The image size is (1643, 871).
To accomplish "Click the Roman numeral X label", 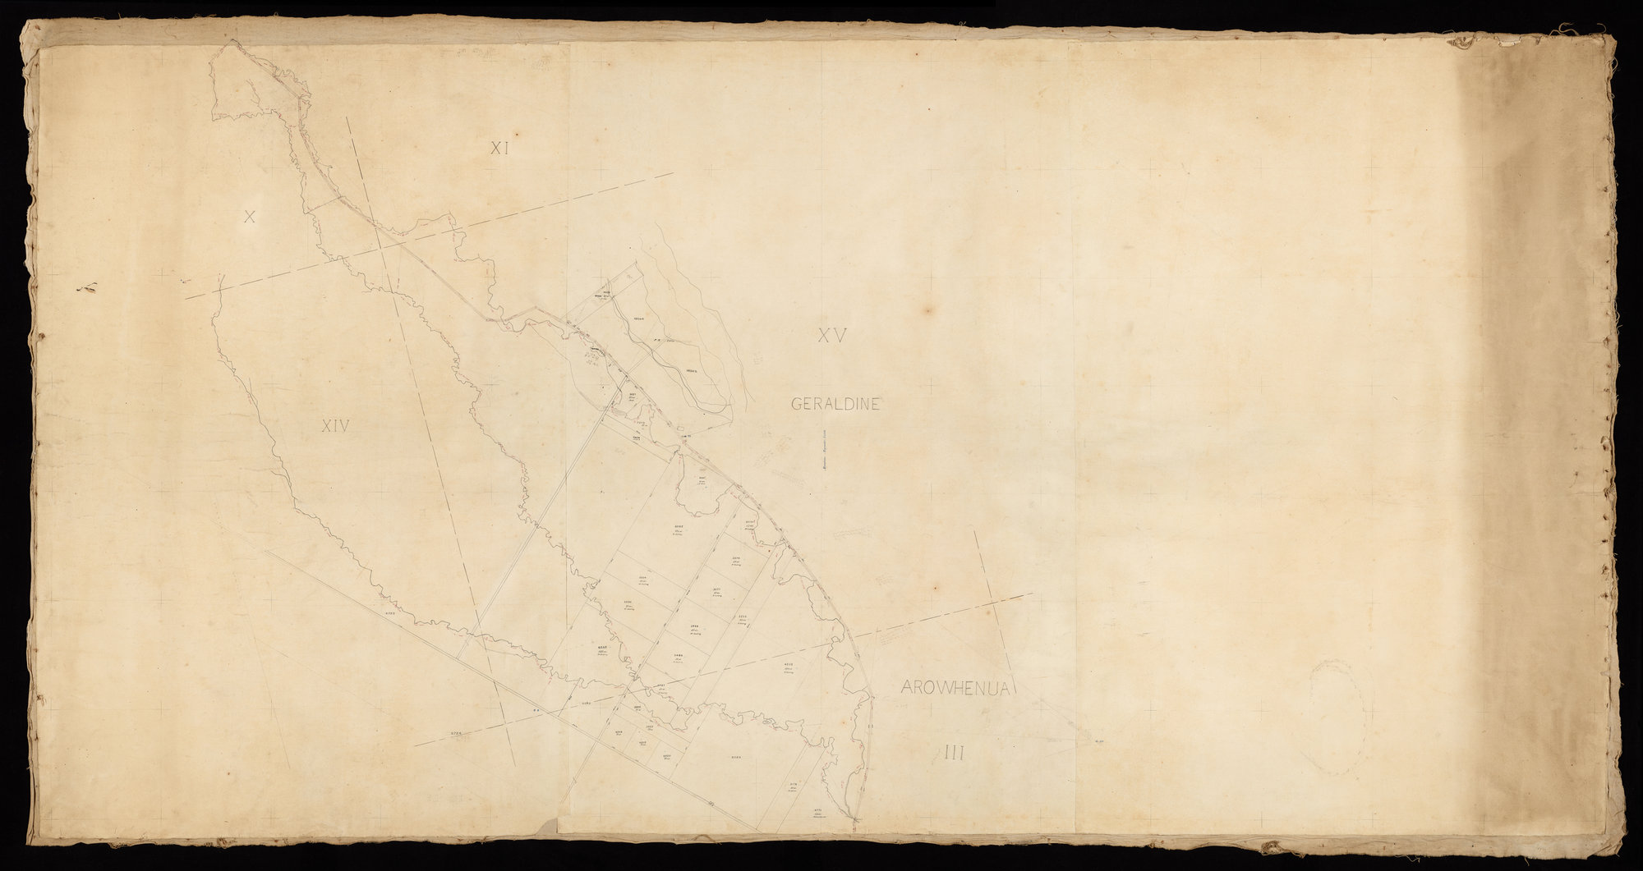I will click(x=251, y=217).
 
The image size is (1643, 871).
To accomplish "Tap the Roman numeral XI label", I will click(x=500, y=148).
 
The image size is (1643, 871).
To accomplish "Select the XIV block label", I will click(x=336, y=425).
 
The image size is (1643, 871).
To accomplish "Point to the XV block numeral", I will click(x=831, y=335).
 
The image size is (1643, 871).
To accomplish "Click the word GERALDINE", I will click(x=835, y=403).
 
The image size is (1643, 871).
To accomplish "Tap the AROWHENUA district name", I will click(x=954, y=688).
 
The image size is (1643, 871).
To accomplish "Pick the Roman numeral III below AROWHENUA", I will click(x=953, y=750).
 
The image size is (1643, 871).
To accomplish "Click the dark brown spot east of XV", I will click(x=931, y=310).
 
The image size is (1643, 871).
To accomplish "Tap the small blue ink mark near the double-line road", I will click(x=536, y=711).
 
